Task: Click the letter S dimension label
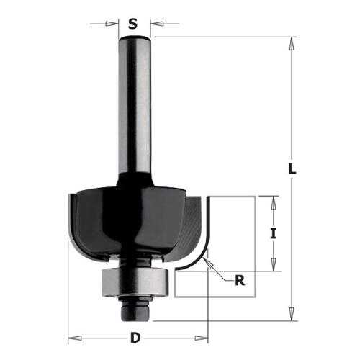tap(132, 24)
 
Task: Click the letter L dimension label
tap(292, 168)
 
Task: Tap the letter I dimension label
tap(273, 233)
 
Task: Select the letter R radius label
tap(240, 280)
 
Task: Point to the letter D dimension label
tap(135, 338)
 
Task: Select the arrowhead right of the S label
tap(157, 24)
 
